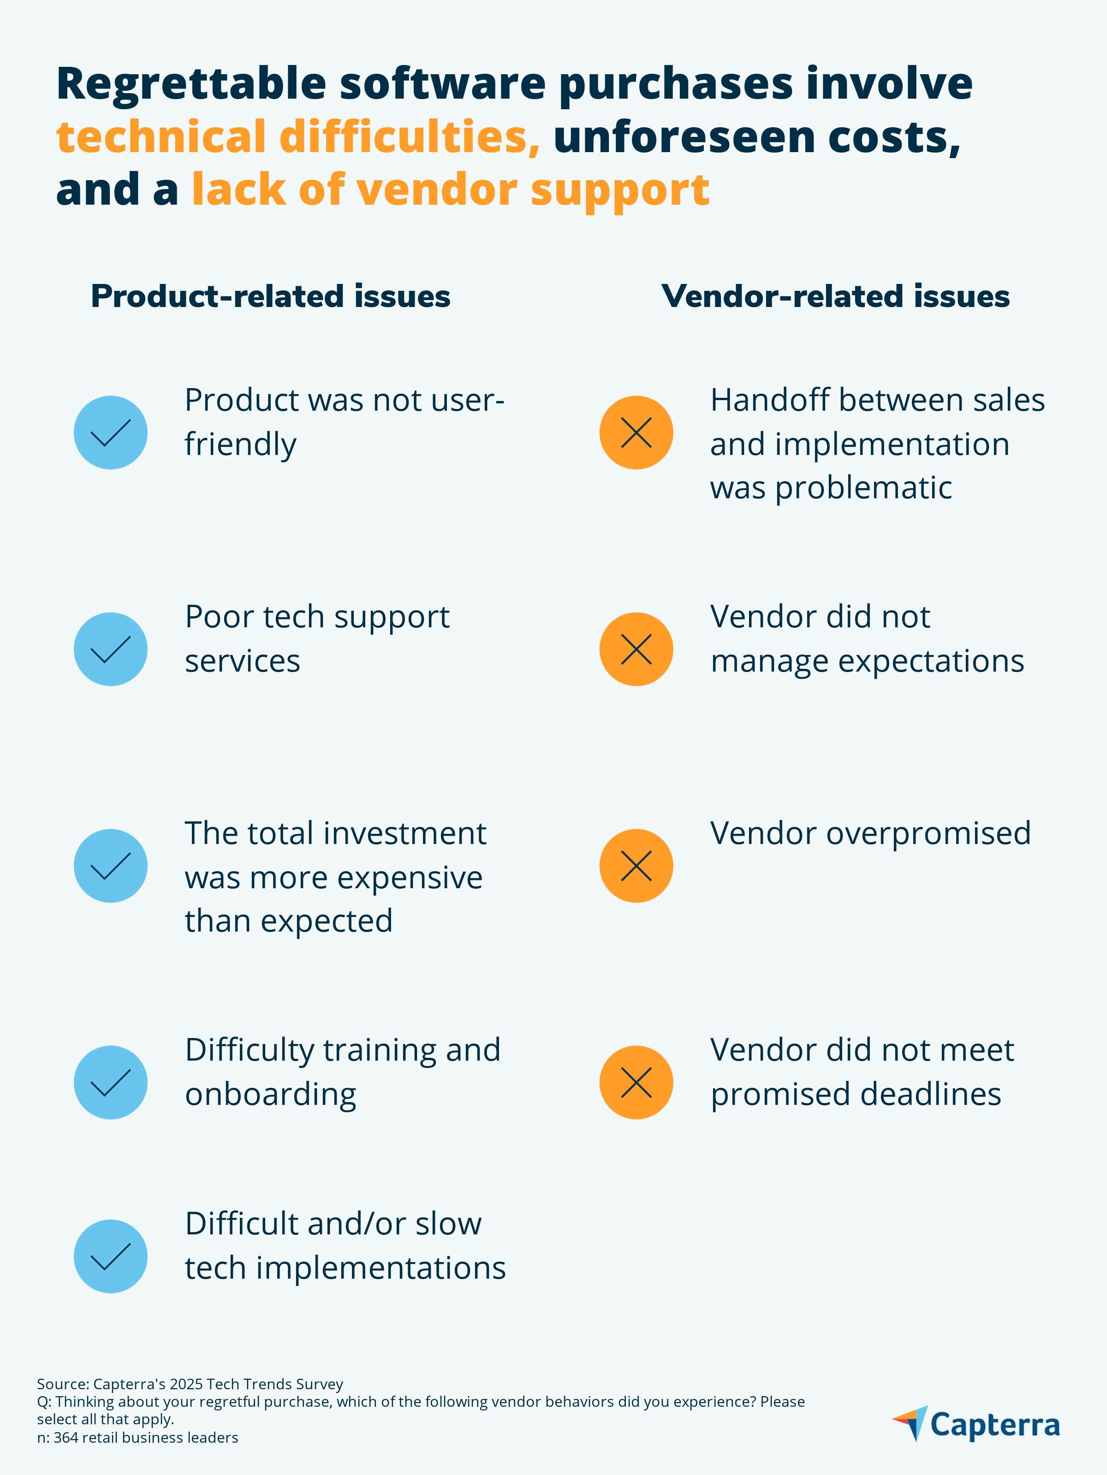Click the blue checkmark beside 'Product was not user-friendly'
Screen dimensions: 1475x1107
(x=110, y=433)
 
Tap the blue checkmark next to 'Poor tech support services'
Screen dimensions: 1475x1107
(x=110, y=649)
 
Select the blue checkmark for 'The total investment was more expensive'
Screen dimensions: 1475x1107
(x=110, y=866)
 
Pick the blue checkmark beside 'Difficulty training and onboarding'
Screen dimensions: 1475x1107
(x=110, y=1082)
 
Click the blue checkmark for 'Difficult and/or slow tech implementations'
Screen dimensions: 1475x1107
(x=110, y=1256)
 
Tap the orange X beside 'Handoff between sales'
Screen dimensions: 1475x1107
(x=636, y=433)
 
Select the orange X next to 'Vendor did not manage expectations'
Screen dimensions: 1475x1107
(x=636, y=649)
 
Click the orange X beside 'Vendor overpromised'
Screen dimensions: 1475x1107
(x=636, y=866)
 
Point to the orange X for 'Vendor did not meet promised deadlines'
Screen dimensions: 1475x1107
(x=636, y=1082)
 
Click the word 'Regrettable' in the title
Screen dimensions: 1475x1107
(x=191, y=85)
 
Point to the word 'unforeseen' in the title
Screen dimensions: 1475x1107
(x=684, y=137)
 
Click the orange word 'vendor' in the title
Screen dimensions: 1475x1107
(x=437, y=190)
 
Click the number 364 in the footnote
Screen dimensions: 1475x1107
(x=65, y=1438)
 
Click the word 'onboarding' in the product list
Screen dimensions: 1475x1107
(x=270, y=1094)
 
